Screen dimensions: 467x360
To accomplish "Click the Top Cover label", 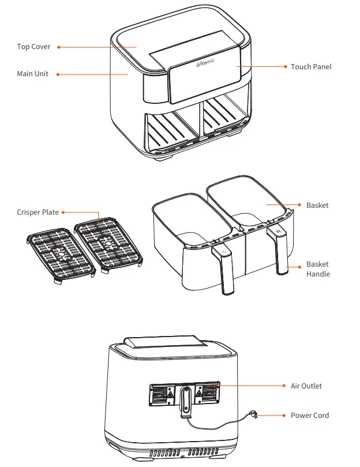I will (x=33, y=47).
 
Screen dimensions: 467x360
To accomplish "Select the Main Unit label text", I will (x=32, y=74).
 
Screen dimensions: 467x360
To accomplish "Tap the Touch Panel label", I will (x=311, y=67).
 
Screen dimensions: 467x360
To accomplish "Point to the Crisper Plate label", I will (x=37, y=212).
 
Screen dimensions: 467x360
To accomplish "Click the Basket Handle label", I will (x=318, y=269).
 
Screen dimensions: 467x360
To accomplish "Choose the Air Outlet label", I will (x=306, y=386).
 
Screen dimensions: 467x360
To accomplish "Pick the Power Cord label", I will (x=309, y=415).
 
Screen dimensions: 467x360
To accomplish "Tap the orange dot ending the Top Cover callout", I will (x=137, y=47).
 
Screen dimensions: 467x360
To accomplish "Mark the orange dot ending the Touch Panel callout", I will (x=238, y=67).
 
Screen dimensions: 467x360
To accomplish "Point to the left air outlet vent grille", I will (x=162, y=394).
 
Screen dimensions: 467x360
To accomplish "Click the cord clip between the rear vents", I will (x=185, y=401).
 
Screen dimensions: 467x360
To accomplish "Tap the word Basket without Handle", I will (x=317, y=205).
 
